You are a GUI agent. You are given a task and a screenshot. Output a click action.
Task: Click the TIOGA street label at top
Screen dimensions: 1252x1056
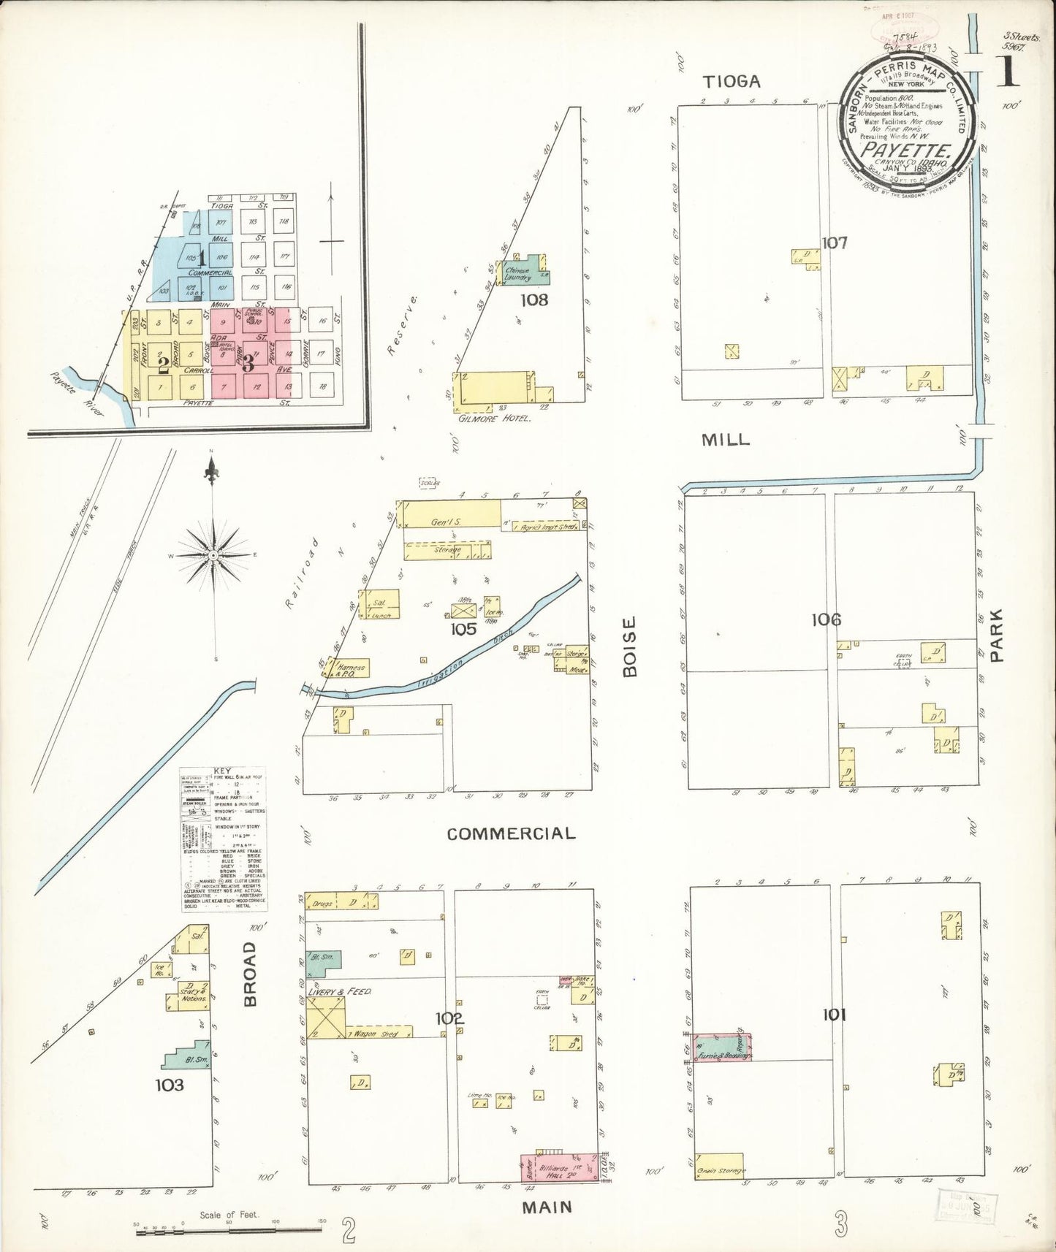[732, 81]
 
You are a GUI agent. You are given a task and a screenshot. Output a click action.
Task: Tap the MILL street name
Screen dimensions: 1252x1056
[726, 439]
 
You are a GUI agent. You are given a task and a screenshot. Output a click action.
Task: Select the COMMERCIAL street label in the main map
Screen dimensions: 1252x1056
[511, 833]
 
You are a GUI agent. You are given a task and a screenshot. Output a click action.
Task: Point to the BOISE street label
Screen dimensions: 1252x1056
[630, 646]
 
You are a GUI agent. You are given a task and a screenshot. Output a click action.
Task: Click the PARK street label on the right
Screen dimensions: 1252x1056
[996, 635]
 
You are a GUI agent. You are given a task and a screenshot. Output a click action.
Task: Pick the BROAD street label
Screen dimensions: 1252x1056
[250, 974]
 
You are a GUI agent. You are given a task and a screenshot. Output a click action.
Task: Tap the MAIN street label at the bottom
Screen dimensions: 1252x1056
[547, 1207]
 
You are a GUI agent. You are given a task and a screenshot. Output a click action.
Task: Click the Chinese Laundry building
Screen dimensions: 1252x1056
[523, 273]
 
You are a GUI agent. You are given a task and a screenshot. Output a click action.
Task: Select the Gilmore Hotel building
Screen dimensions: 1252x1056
[493, 388]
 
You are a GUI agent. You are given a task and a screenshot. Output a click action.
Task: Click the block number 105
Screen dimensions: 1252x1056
[463, 629]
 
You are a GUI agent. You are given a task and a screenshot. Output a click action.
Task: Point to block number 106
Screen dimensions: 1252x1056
[826, 620]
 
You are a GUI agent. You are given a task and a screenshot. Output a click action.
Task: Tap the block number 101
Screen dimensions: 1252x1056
[834, 1015]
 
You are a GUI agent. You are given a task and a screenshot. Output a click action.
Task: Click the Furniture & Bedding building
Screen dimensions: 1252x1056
[722, 1047]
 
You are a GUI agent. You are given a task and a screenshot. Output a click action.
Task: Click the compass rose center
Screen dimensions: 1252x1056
[213, 556]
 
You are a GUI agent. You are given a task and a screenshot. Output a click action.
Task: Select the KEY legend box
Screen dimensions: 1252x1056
[224, 839]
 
